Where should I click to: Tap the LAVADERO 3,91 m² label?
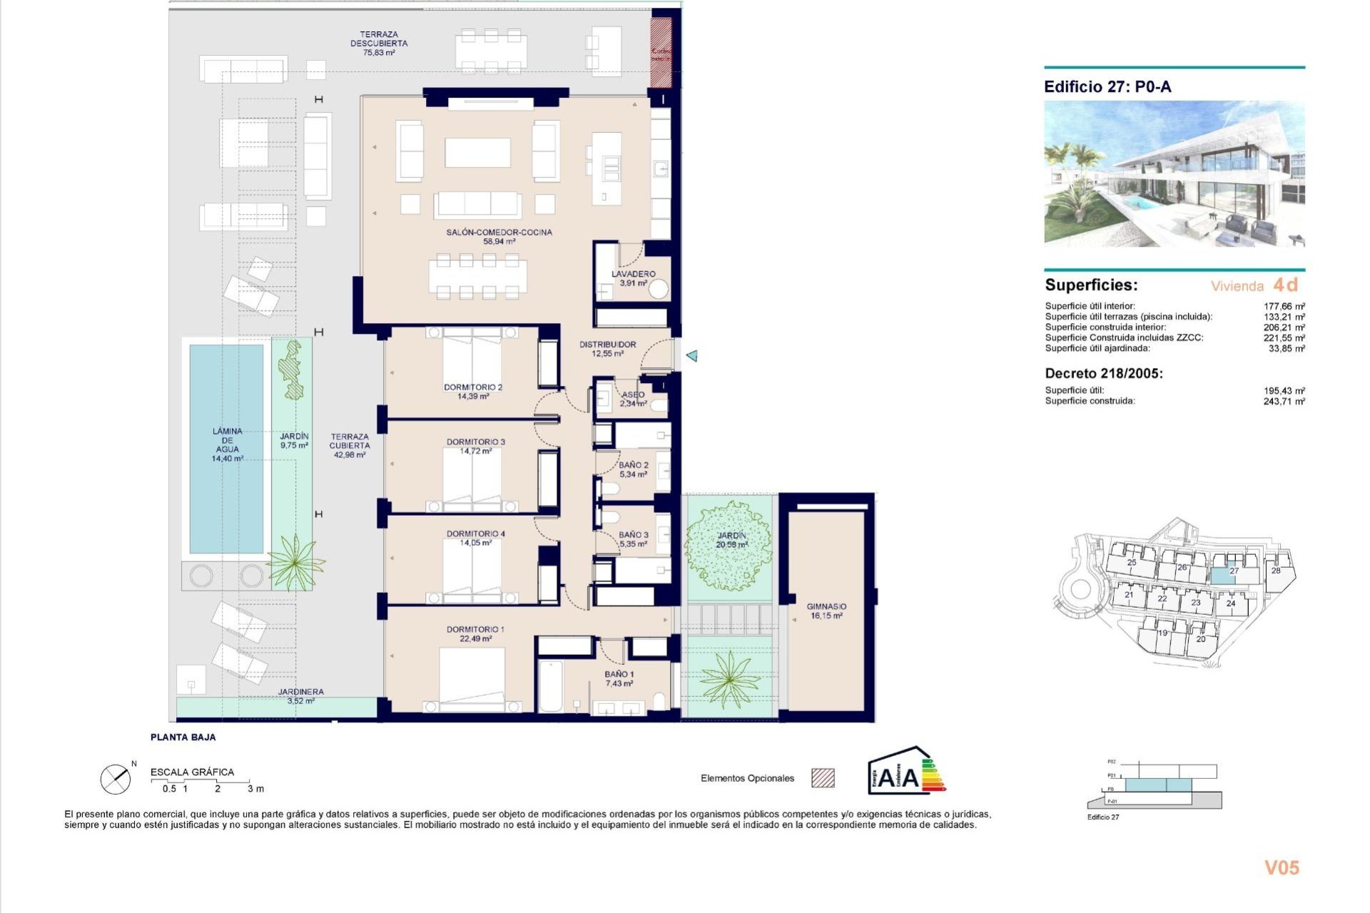633,278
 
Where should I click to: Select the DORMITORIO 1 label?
475,633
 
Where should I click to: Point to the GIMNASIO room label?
826,611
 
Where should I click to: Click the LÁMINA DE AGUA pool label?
227,444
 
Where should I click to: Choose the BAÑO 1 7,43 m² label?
619,678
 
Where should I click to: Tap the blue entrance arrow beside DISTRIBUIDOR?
691,355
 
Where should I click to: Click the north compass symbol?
116,779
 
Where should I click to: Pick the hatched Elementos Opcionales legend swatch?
823,778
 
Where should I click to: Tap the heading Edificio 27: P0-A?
1107,87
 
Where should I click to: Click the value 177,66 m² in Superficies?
1284,306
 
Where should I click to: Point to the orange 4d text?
1286,285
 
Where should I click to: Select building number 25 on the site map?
1132,562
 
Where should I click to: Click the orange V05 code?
1282,867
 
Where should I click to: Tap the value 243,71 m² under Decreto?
1284,402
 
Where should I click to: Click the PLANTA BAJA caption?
183,737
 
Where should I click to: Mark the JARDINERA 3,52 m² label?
300,696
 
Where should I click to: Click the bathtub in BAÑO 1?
550,686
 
